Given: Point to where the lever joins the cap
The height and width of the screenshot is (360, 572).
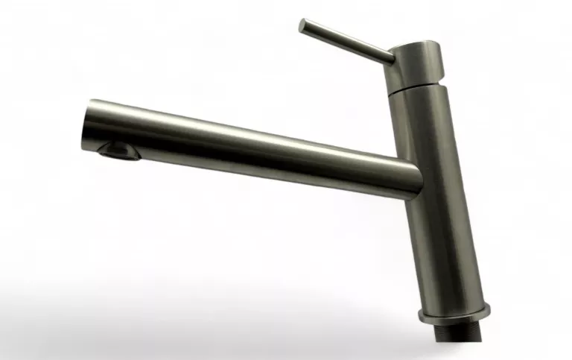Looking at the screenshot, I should pyautogui.click(x=390, y=57).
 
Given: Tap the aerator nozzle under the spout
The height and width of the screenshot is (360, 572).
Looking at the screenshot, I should pyautogui.click(x=118, y=151).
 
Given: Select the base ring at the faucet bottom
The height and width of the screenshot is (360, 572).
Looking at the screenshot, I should pyautogui.click(x=454, y=312).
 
